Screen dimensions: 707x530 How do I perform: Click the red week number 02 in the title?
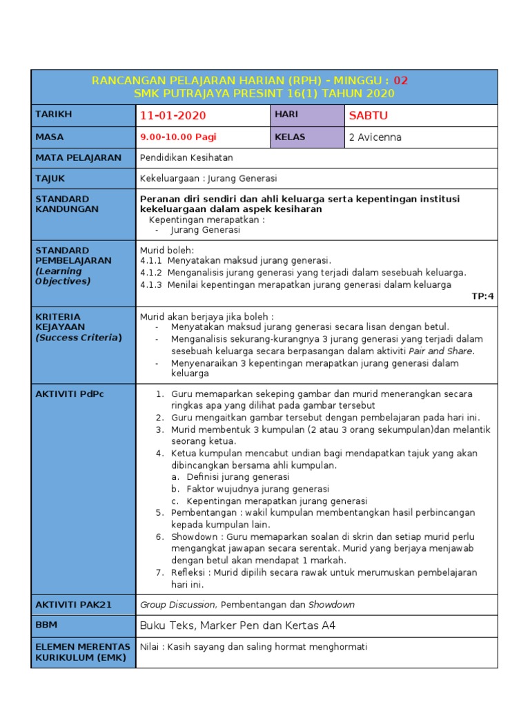[401, 80]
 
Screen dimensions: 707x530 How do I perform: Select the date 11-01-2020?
[173, 115]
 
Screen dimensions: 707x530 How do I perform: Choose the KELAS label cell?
[290, 137]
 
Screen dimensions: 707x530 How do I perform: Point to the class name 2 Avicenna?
[375, 137]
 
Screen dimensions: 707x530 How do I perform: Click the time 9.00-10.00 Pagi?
[178, 137]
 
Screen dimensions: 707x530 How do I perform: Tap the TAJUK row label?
[50, 178]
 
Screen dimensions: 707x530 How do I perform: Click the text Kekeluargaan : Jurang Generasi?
[208, 179]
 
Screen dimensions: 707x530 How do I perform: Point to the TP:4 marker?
[482, 296]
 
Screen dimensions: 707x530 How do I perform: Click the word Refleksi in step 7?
[190, 572]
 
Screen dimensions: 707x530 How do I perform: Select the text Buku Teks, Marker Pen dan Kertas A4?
[237, 626]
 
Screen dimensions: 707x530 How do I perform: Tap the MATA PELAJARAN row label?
[78, 157]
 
